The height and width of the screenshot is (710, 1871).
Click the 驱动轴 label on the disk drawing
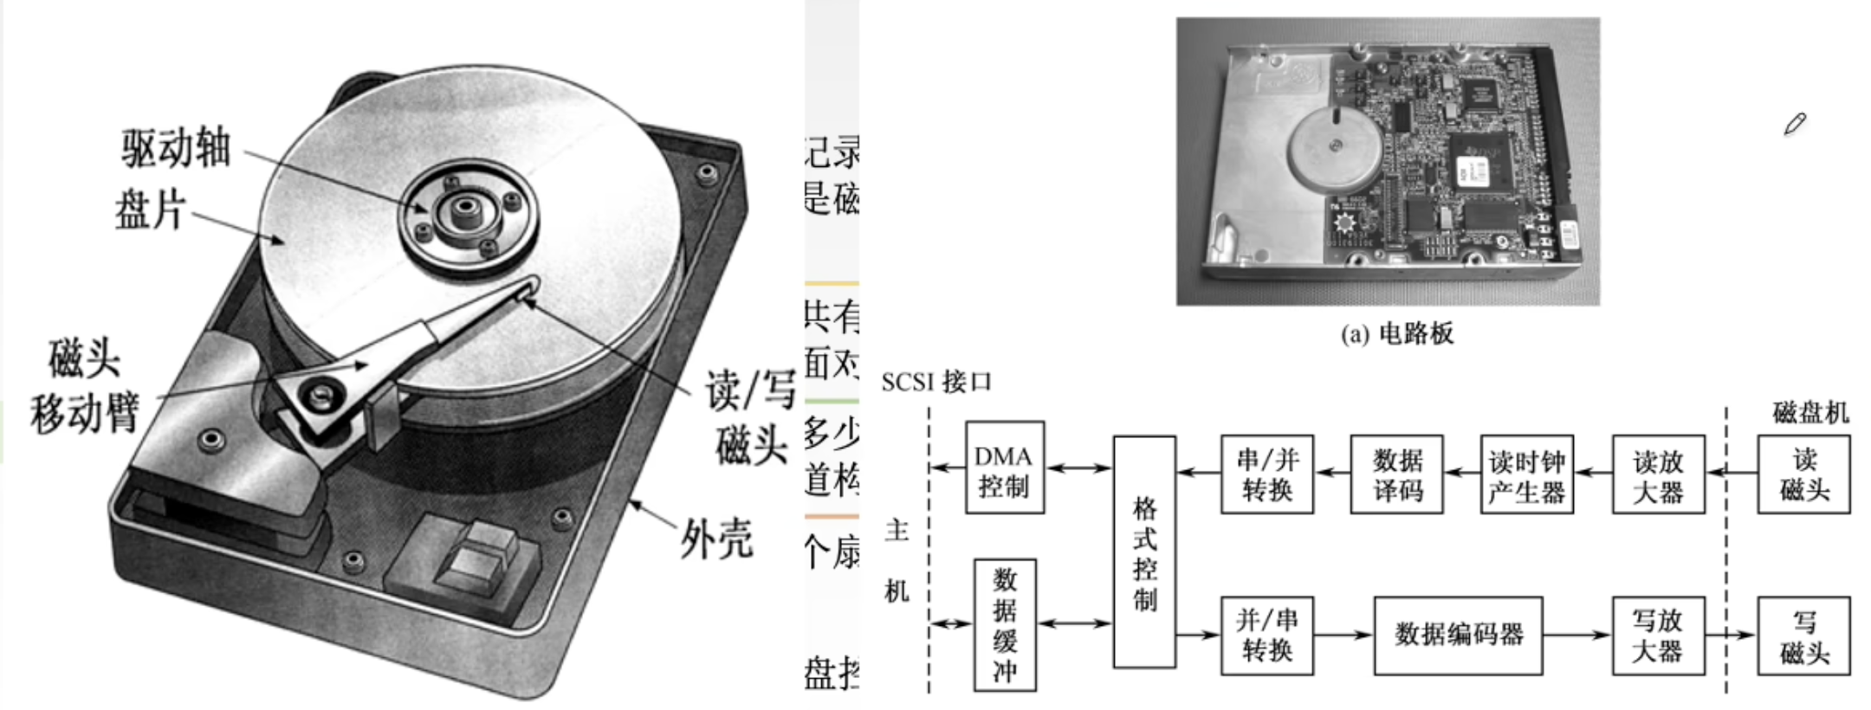point(177,148)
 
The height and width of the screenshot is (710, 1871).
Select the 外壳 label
point(716,539)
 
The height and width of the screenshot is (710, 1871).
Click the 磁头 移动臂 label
point(85,386)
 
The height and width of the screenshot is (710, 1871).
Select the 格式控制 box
point(1144,552)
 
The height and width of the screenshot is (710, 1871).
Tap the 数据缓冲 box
point(1005,624)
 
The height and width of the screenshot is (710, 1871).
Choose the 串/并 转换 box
point(1266,474)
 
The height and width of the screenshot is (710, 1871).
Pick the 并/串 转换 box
point(1266,636)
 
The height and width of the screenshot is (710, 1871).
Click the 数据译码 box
point(1397,474)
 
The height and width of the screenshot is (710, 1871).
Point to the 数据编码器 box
point(1458,636)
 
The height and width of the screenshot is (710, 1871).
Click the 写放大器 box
point(1658,636)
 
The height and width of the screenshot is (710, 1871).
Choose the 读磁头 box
point(1803,474)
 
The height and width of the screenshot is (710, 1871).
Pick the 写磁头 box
point(1803,636)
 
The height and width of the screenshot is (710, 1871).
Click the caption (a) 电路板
point(1396,333)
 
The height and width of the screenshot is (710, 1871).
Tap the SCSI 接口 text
point(936,382)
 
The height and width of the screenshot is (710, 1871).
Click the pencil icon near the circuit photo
point(1795,125)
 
